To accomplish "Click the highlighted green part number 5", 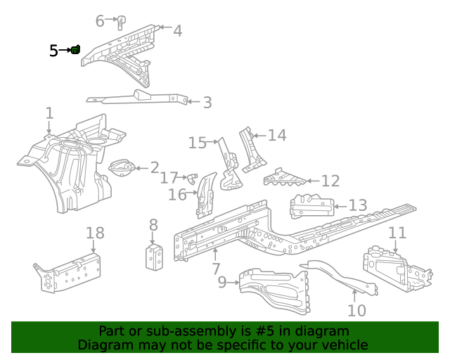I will (x=75, y=49).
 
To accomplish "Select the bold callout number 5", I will (x=54, y=51).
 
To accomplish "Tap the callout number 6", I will (x=100, y=21).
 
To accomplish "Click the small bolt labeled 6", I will (x=120, y=21).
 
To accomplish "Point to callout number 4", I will (x=177, y=30).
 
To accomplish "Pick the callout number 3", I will (x=207, y=103).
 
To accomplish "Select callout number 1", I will (x=49, y=112).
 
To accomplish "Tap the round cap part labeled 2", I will (x=123, y=169).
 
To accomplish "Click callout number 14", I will (x=277, y=134).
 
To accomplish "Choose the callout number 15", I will (x=198, y=143).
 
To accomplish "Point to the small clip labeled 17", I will (x=191, y=176).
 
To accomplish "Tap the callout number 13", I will (x=358, y=205).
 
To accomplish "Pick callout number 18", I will (x=95, y=233).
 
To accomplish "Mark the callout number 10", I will (x=357, y=309).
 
